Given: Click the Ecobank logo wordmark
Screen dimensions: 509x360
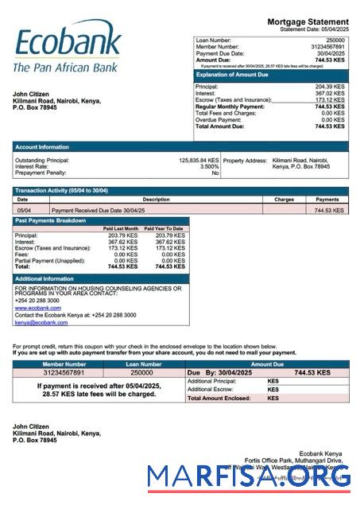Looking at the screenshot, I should point(67,43).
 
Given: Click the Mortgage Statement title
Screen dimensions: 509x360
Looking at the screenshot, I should point(308,21).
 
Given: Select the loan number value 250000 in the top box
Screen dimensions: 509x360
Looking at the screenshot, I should point(335,39).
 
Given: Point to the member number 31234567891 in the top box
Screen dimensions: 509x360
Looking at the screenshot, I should point(325,46).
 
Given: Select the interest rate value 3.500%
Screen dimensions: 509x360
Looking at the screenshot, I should point(209,166).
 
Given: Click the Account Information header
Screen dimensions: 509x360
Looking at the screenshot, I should point(41,146).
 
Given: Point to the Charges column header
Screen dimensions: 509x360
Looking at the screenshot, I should point(284,200).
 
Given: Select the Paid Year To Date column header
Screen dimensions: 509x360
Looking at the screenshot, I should point(168,229).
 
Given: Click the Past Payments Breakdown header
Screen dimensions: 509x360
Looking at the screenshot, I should point(51,220).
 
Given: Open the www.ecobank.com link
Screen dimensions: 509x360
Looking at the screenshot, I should point(37,307).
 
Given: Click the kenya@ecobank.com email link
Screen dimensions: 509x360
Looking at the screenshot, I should point(41,322).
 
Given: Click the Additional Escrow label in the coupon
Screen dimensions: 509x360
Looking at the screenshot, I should point(211,389).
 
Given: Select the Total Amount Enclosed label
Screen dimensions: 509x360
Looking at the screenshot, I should point(218,398).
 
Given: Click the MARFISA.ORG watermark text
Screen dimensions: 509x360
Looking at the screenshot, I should point(249,476).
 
